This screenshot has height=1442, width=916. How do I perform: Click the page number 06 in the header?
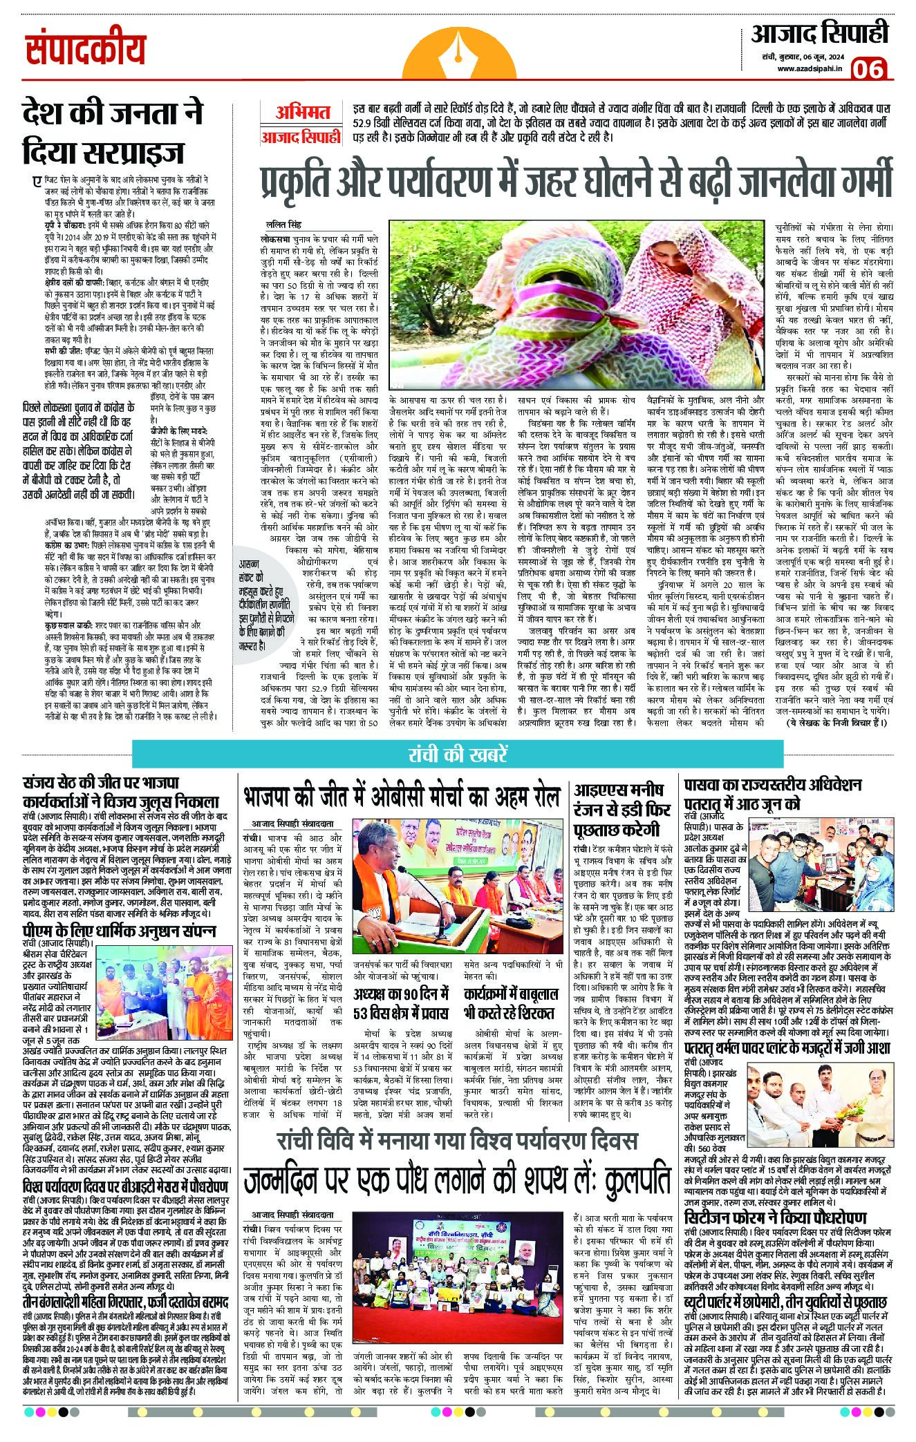(872, 70)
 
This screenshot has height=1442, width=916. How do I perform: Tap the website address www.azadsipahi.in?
(809, 68)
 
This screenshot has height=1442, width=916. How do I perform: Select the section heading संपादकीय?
(87, 50)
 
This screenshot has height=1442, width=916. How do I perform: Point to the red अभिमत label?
(301, 112)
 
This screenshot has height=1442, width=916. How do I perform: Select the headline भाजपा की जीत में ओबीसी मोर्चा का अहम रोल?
(401, 797)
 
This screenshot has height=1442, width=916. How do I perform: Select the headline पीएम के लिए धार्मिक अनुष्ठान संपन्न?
(118, 931)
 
